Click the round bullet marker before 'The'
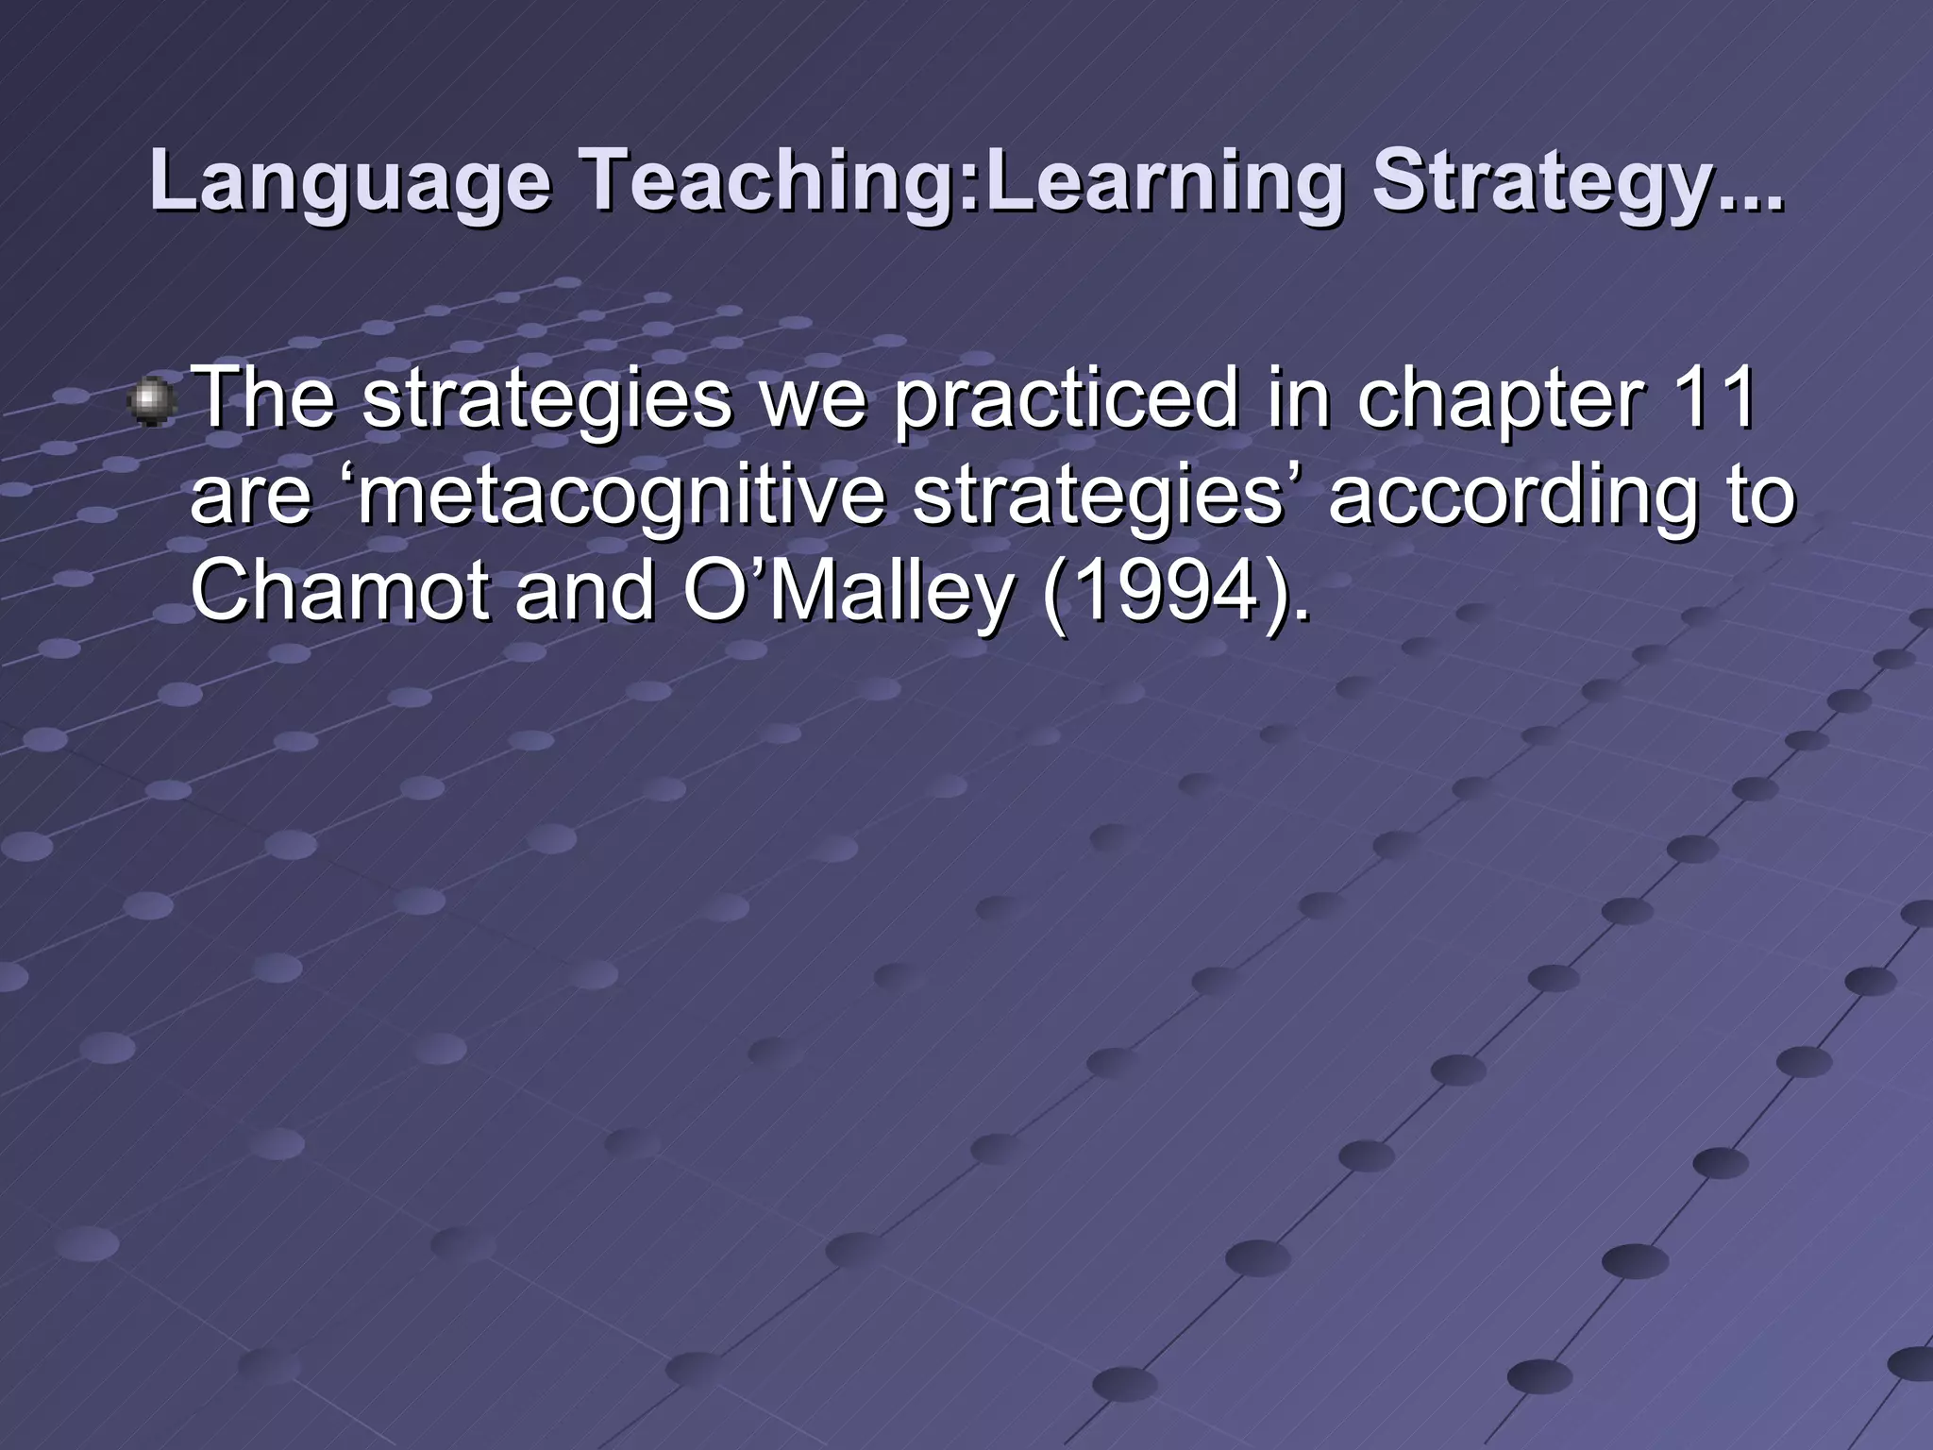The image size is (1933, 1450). pyautogui.click(x=151, y=403)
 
